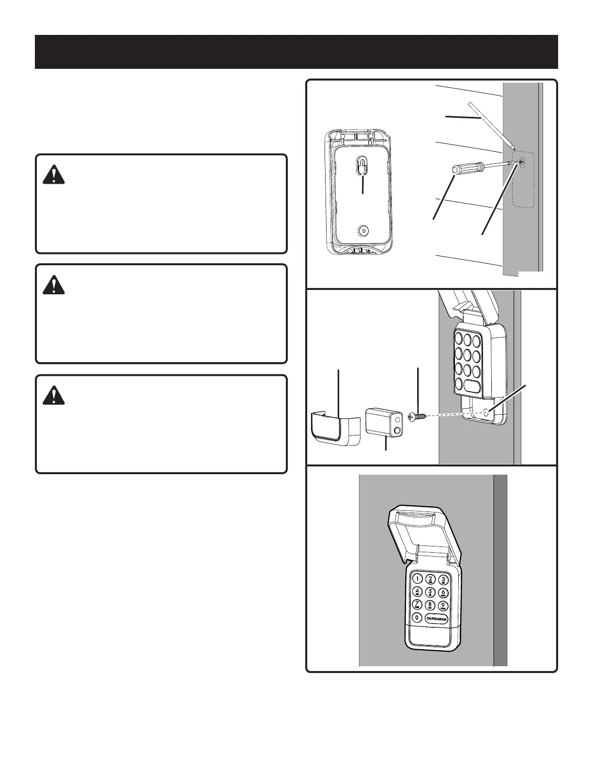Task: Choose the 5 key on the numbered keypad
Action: click(x=430, y=592)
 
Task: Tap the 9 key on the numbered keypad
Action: click(x=443, y=606)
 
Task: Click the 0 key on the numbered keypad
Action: click(x=417, y=618)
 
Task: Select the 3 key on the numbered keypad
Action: click(x=443, y=580)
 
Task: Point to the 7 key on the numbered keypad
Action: click(x=417, y=605)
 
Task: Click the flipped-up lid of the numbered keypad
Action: click(x=424, y=528)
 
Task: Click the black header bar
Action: click(x=296, y=52)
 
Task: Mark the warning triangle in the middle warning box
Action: click(x=54, y=285)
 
